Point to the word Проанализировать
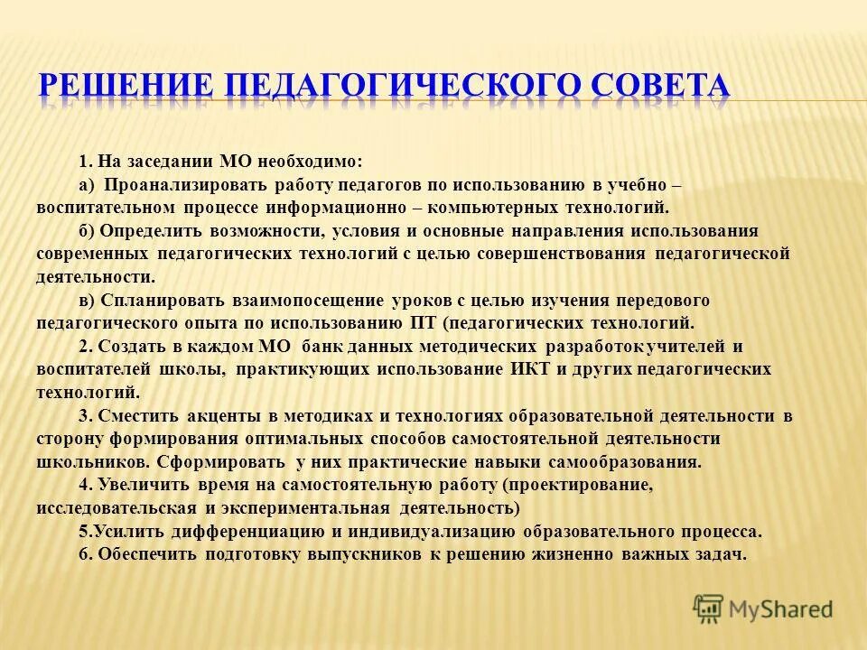coord(172,185)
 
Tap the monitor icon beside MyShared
coord(707,609)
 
